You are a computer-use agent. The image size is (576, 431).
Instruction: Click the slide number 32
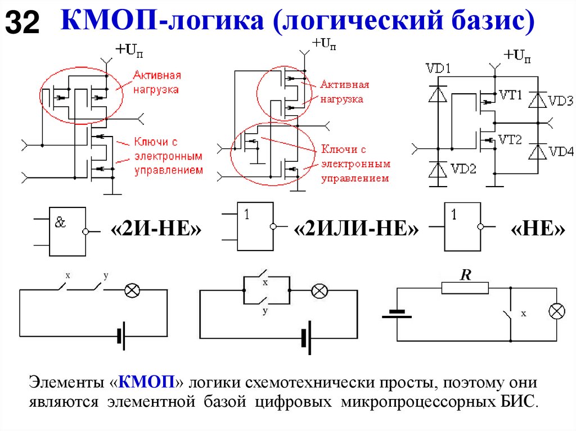(22, 23)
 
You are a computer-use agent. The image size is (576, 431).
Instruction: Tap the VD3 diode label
(560, 101)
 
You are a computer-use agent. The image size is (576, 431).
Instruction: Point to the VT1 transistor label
(511, 96)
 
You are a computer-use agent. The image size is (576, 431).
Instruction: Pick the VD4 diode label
(561, 151)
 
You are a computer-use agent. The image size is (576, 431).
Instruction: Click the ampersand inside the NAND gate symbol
(60, 222)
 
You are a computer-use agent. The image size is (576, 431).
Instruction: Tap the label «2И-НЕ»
(155, 230)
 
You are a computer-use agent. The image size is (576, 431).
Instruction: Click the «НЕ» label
(538, 230)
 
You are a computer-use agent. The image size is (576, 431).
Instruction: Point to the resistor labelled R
(465, 288)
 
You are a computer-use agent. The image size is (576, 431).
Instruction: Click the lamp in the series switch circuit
(132, 290)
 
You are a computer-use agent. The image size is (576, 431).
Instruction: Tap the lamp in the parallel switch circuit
(319, 291)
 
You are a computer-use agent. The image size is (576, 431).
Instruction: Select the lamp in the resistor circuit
(557, 312)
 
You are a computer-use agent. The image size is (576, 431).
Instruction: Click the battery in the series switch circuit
(120, 336)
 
